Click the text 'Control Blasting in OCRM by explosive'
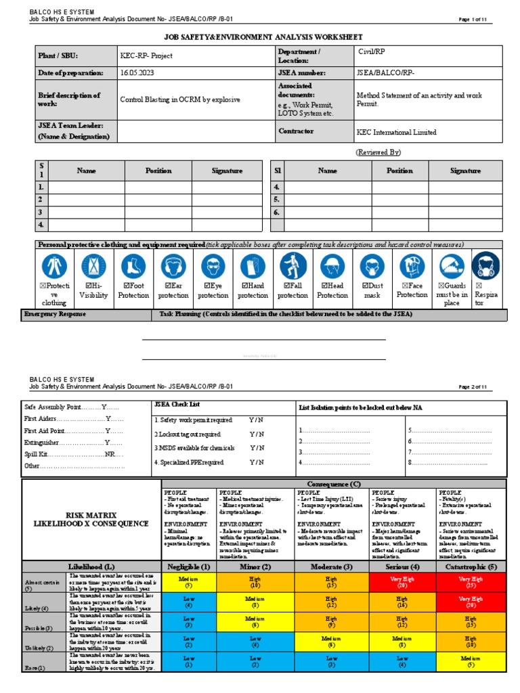click(x=179, y=99)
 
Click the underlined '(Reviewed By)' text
click(x=378, y=152)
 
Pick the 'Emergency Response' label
click(x=55, y=315)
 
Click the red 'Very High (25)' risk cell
click(x=471, y=582)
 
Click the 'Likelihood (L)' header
click(x=91, y=566)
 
